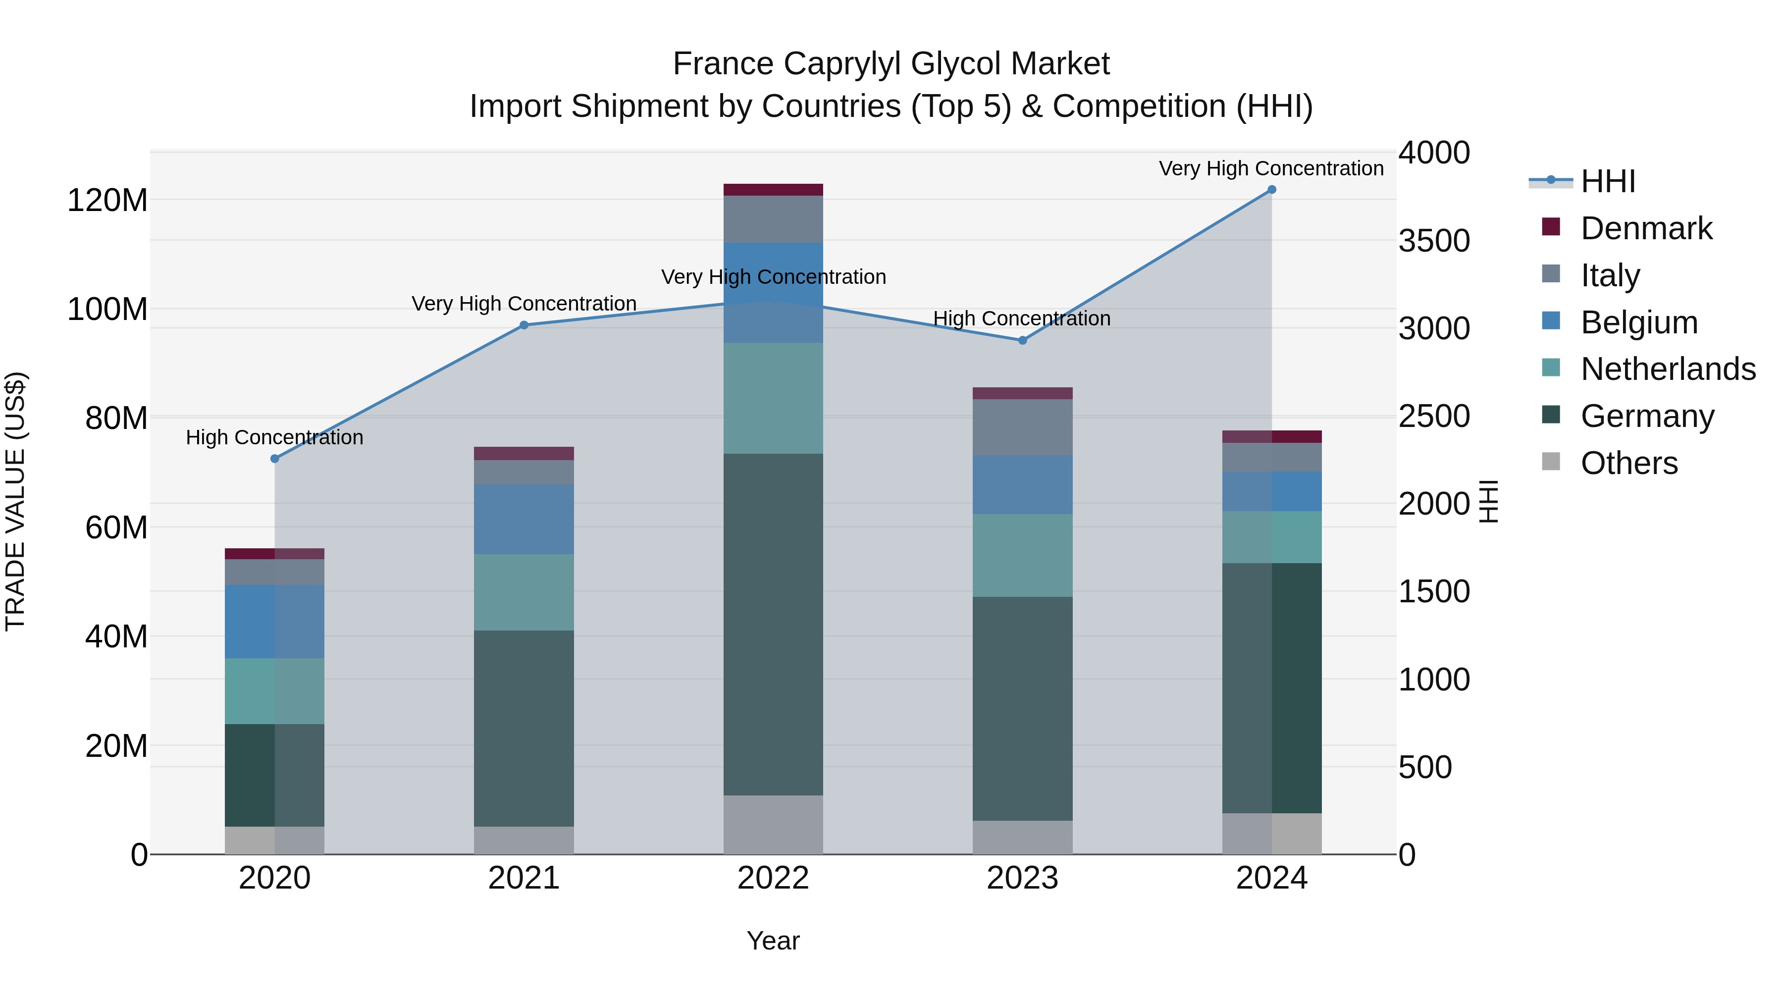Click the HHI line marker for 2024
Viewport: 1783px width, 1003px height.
(1271, 190)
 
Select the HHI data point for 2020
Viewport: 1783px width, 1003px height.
(275, 458)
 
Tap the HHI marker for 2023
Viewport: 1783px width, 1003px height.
(1022, 340)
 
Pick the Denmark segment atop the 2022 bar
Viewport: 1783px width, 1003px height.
(773, 190)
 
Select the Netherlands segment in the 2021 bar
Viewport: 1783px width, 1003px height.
(524, 592)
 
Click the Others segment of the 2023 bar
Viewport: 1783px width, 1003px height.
(1022, 837)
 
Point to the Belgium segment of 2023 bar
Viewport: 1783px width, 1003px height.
(1022, 484)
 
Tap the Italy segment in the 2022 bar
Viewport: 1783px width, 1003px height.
(773, 219)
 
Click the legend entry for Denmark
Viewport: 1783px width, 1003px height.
(1646, 228)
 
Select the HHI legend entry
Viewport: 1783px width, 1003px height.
(1607, 181)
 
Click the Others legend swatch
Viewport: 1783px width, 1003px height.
(1551, 462)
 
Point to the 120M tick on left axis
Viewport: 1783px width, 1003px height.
(107, 201)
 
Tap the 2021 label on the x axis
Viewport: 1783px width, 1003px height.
(524, 878)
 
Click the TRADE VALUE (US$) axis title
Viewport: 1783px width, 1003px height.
(15, 501)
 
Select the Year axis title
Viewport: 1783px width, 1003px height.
(773, 941)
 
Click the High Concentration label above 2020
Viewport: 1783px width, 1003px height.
(275, 437)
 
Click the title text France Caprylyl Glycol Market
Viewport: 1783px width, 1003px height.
(891, 64)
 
